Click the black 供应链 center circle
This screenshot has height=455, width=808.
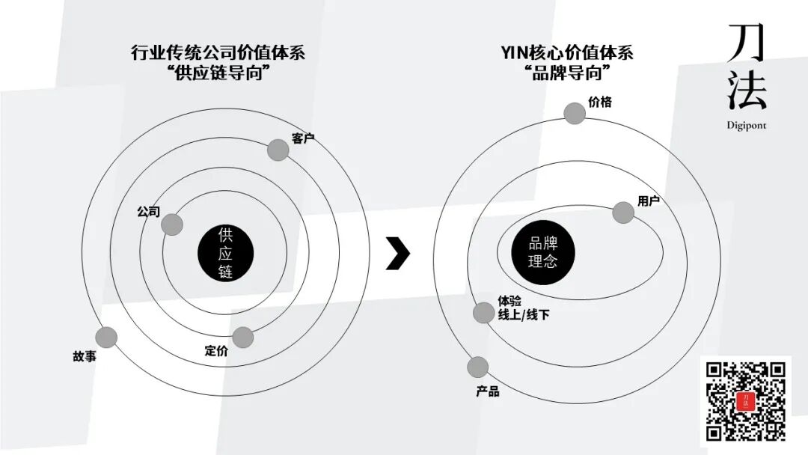coord(225,253)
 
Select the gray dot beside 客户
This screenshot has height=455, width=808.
coord(278,150)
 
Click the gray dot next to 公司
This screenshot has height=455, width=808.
coord(172,225)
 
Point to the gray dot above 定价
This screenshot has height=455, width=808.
coord(242,337)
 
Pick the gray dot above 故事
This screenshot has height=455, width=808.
coord(107,338)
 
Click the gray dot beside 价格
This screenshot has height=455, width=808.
coord(575,113)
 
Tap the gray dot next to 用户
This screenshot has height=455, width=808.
coord(623,213)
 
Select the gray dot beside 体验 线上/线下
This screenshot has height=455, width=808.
coord(484,313)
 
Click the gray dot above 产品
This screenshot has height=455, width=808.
coord(477,367)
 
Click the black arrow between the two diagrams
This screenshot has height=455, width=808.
coord(397,253)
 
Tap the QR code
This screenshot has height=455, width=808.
coord(746,401)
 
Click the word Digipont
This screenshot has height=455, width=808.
coord(746,126)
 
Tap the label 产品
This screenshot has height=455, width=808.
coord(487,391)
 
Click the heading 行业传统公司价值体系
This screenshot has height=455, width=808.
coord(218,53)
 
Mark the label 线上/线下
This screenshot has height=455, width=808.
coord(524,315)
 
